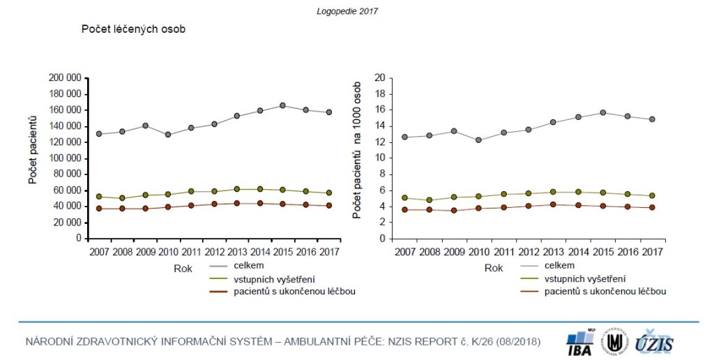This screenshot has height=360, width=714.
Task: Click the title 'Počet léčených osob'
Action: (x=132, y=29)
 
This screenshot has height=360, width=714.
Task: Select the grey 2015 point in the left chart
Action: (x=282, y=105)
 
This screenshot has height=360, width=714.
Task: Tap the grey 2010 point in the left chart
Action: (x=168, y=134)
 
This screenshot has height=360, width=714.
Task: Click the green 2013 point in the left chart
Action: (x=236, y=189)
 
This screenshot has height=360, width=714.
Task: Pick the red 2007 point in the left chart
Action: (x=99, y=208)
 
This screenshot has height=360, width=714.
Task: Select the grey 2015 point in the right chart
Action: (x=602, y=112)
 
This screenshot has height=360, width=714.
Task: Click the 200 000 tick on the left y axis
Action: (x=65, y=78)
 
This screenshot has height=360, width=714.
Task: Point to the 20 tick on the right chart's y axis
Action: (x=380, y=78)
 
